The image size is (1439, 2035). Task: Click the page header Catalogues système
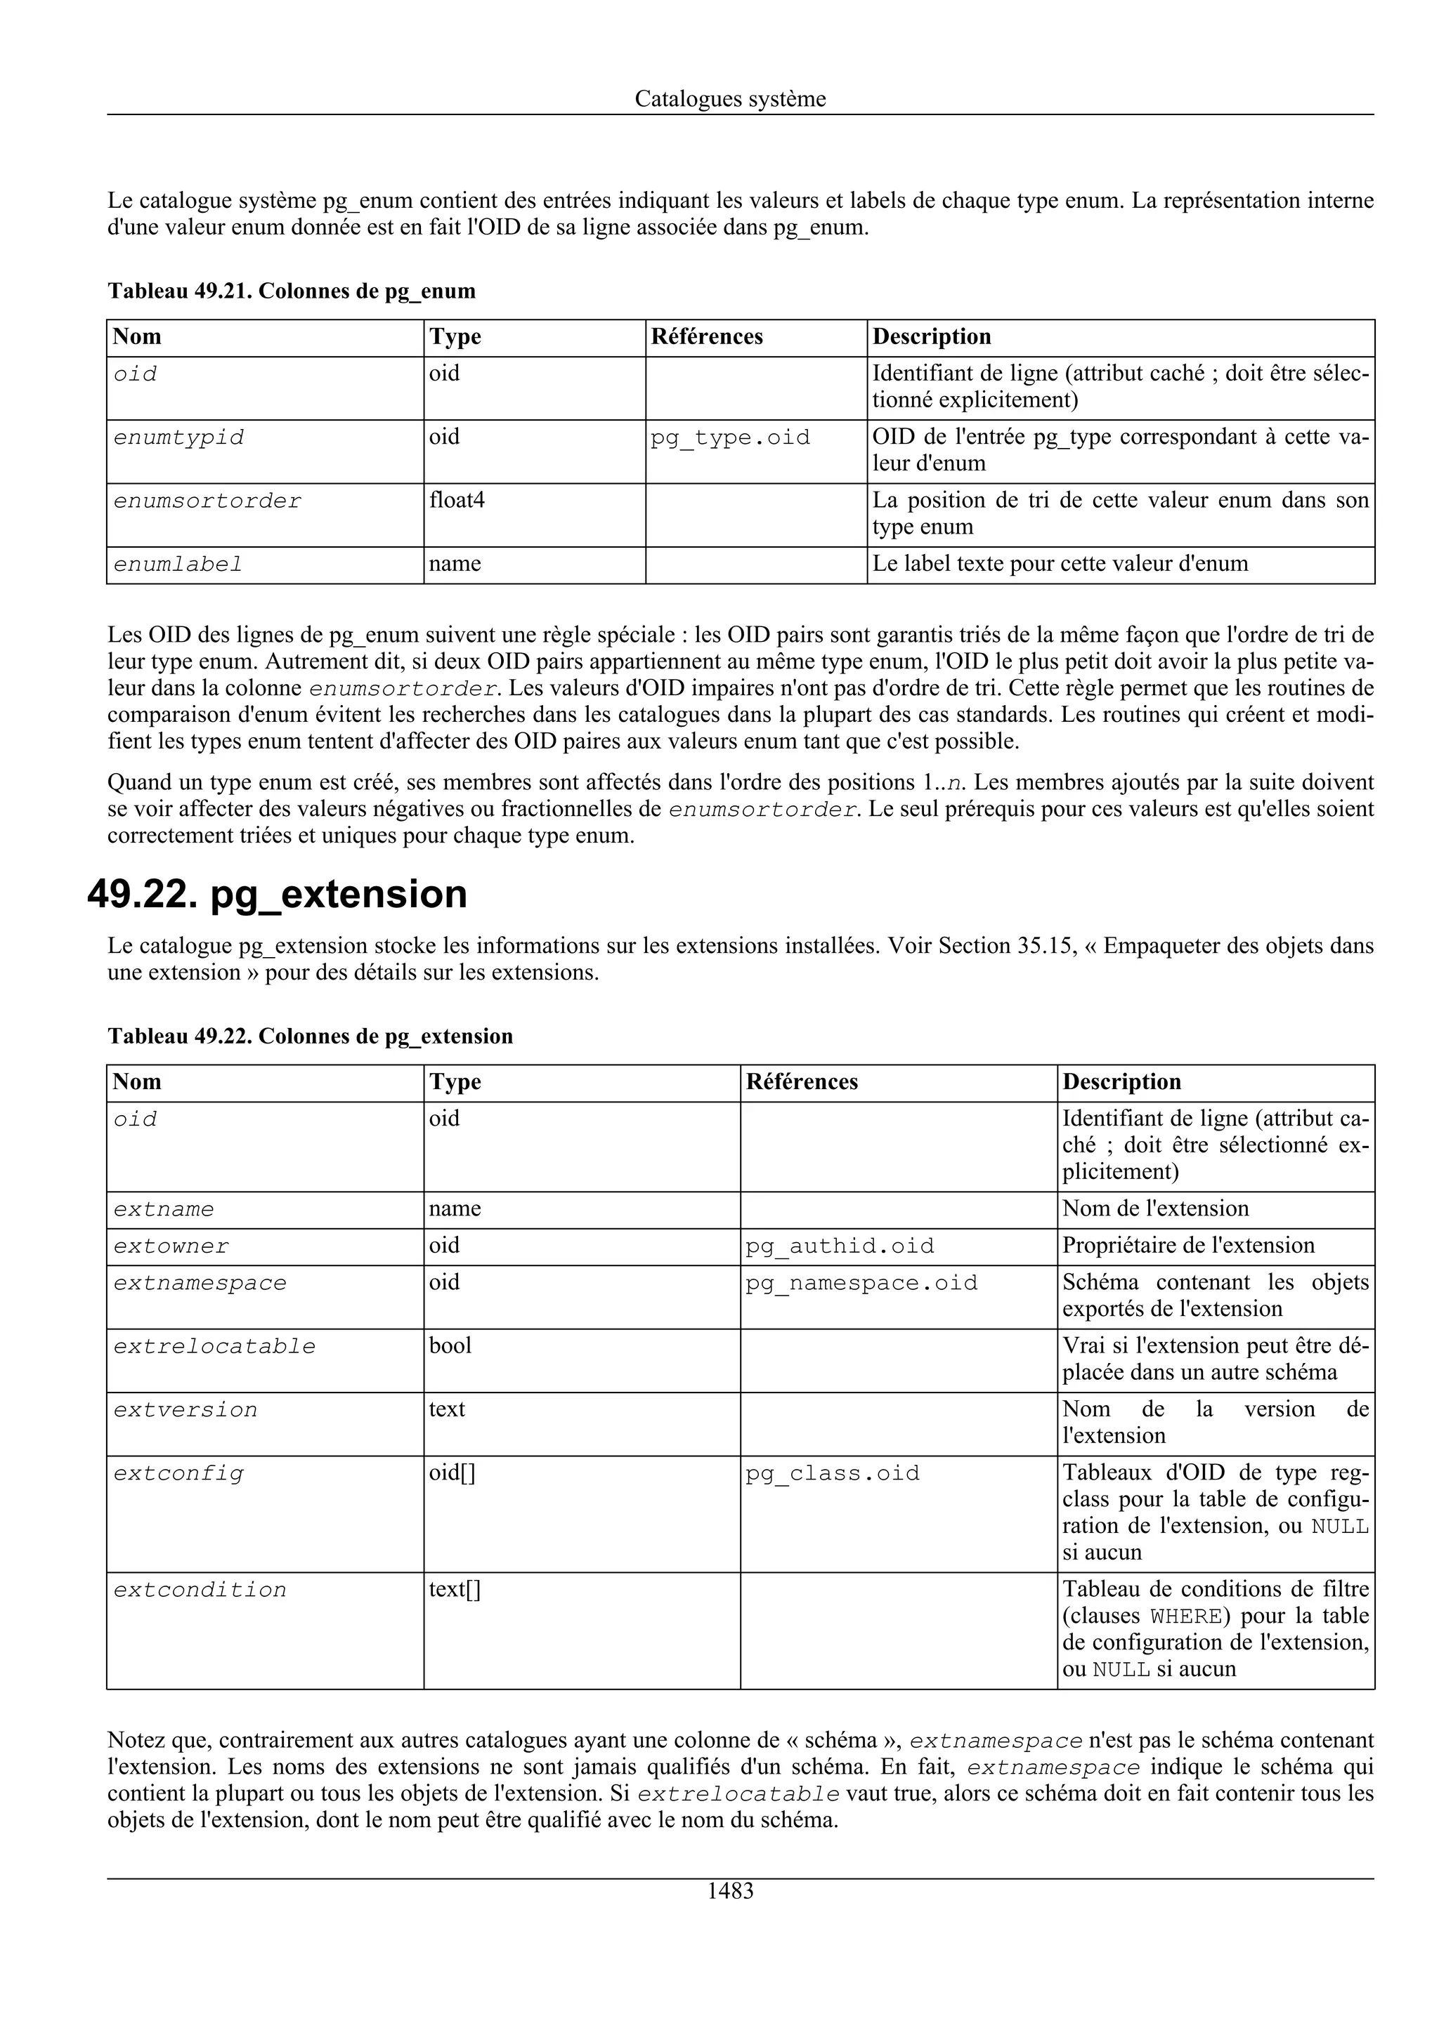(730, 99)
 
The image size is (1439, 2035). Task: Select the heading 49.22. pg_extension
(278, 893)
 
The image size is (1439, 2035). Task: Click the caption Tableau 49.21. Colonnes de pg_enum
(292, 291)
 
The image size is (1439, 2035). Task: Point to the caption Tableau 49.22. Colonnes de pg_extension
(311, 1036)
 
